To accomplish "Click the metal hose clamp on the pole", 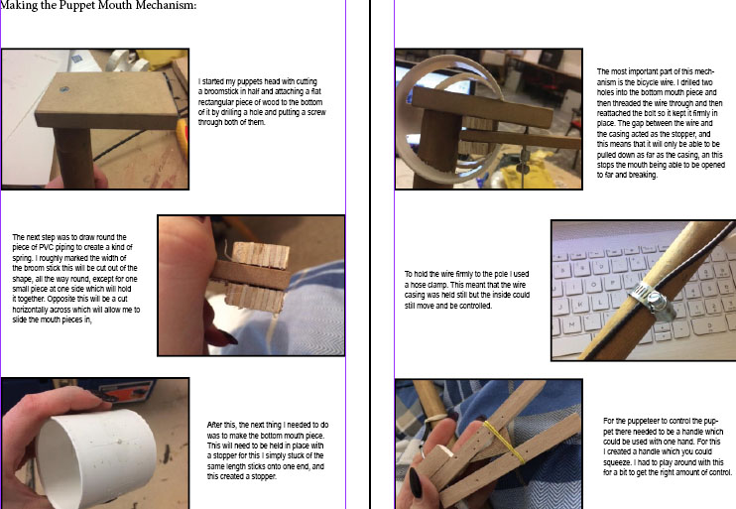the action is pos(651,300).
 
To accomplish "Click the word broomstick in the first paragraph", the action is pos(220,91).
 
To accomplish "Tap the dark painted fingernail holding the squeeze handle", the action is pos(416,482).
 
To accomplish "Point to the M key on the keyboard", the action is pos(571,324).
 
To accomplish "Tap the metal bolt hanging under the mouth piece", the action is pos(521,166).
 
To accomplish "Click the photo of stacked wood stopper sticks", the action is pos(251,286).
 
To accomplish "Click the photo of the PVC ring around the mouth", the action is pos(489,119).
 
